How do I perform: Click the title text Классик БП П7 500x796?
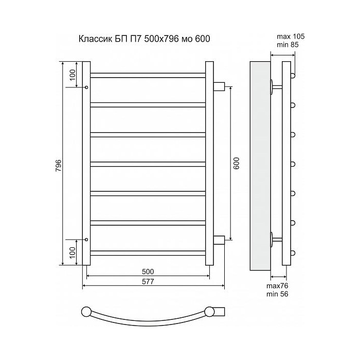(x=129, y=39)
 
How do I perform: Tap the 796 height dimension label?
(x=59, y=165)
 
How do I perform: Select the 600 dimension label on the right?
(x=236, y=163)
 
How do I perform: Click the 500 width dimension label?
(x=148, y=272)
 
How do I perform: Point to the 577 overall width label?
(x=148, y=281)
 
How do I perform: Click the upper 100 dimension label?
(x=73, y=75)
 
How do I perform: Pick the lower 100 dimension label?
(x=73, y=253)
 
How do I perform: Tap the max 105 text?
(x=291, y=37)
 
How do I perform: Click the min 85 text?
(x=287, y=45)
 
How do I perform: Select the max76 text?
(x=277, y=286)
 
